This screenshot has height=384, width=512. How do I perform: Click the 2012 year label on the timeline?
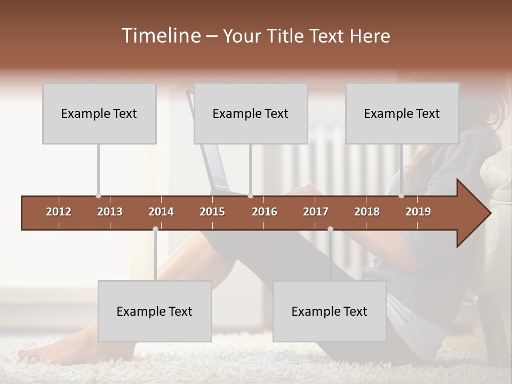point(59,212)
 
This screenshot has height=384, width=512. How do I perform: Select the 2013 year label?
point(110,212)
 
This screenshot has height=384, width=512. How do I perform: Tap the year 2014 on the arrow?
point(161,212)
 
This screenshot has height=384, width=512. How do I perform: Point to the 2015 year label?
point(212,212)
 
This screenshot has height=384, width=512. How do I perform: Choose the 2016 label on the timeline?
point(265,212)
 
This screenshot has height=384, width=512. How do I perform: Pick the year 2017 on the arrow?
point(316,212)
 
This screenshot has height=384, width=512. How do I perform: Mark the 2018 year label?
point(367,212)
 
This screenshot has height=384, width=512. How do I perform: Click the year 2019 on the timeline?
point(418,212)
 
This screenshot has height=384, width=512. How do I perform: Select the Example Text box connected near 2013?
point(99,113)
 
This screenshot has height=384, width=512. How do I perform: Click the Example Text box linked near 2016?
point(251,113)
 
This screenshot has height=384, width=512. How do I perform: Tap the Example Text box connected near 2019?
point(402,113)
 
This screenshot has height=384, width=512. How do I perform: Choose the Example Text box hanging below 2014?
point(155,311)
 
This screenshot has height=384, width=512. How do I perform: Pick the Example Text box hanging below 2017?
point(330,311)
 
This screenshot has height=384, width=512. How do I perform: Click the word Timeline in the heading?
point(160,36)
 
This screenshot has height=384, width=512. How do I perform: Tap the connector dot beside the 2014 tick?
point(155,229)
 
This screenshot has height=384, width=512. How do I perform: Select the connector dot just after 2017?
point(330,229)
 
